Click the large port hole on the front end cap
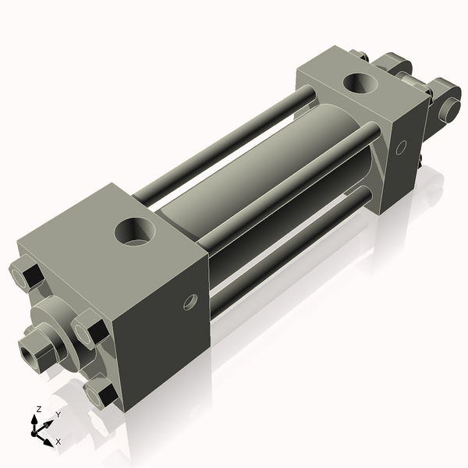coord(136,230)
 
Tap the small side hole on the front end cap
coord(188,301)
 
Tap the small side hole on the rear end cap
coord(401,147)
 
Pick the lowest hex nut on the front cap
coord(102,393)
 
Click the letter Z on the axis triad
coord(38,409)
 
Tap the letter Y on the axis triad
coord(58,414)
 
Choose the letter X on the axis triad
coord(58,441)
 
